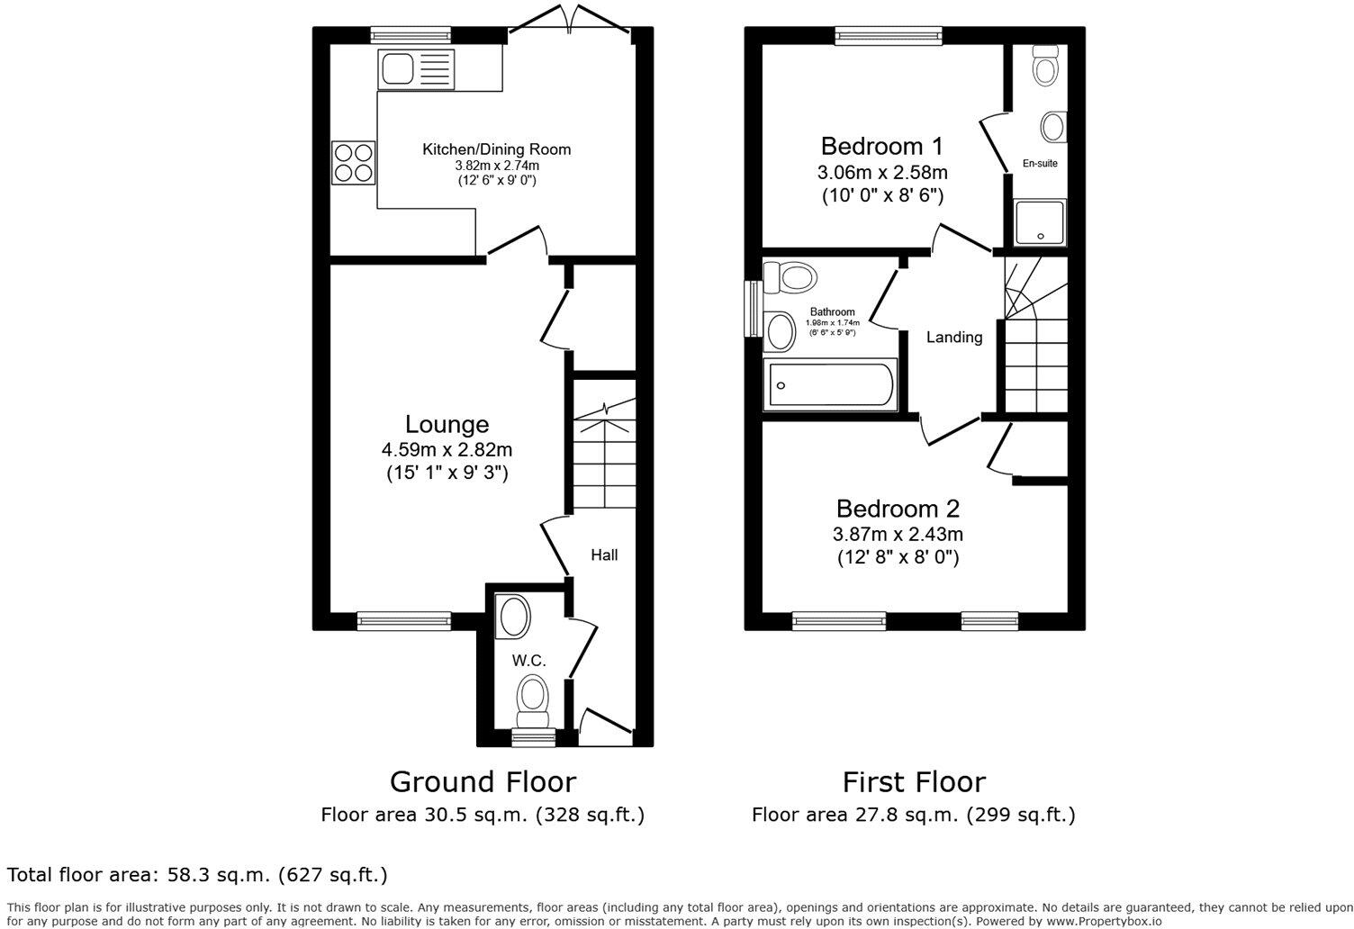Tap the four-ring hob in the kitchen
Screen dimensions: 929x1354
(x=353, y=163)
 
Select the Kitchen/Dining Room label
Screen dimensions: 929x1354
(x=497, y=149)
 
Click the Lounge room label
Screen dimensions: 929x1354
(x=447, y=424)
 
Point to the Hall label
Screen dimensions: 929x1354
(x=604, y=555)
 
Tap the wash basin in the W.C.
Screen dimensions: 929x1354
(x=514, y=618)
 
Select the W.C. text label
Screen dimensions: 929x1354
(x=529, y=661)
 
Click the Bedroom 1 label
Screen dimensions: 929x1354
(x=883, y=146)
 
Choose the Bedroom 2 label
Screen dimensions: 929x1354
(x=898, y=509)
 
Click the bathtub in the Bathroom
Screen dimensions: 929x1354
(x=829, y=385)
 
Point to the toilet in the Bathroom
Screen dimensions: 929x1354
(x=790, y=276)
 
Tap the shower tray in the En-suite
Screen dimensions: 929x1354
(x=1041, y=222)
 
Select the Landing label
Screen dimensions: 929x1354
(x=954, y=338)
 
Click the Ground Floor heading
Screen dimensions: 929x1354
(x=482, y=781)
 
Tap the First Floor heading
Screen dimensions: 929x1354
(x=914, y=781)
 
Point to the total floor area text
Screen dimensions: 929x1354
(x=197, y=874)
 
